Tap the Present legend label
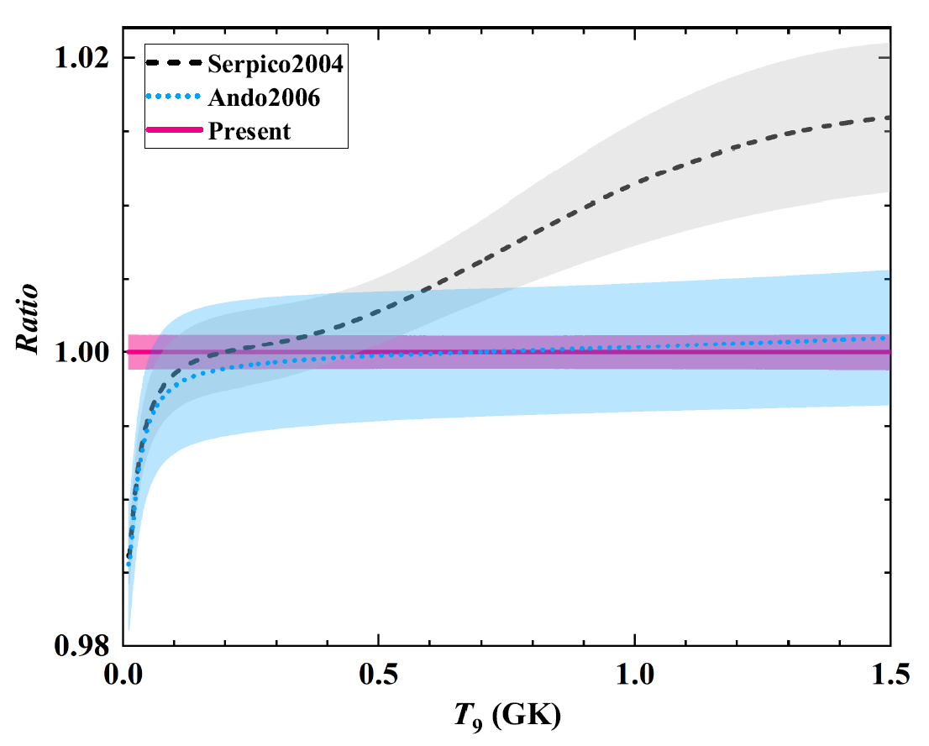point(250,131)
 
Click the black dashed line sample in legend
point(174,63)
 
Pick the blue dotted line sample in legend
point(174,97)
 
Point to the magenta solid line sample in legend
point(174,131)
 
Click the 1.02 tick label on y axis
point(82,58)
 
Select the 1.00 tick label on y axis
point(82,351)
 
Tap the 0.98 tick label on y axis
point(82,644)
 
